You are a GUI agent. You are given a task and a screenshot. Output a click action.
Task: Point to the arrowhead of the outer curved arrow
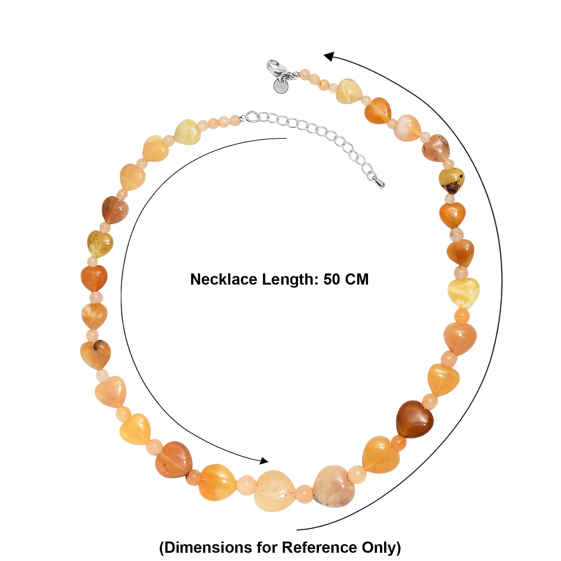pos(329,56)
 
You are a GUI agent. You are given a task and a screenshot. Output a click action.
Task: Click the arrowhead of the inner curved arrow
pos(264,461)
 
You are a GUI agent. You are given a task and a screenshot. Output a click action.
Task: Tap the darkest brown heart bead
pos(415,419)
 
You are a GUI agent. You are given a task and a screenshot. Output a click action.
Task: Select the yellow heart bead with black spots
pos(452,180)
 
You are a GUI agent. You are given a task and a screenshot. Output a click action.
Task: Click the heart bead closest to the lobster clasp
pos(349,91)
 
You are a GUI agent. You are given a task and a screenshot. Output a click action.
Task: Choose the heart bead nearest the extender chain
pos(188,132)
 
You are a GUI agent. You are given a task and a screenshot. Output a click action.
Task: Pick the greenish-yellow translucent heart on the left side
pos(100,244)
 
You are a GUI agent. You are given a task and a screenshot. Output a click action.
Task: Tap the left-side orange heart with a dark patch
pos(95,354)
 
